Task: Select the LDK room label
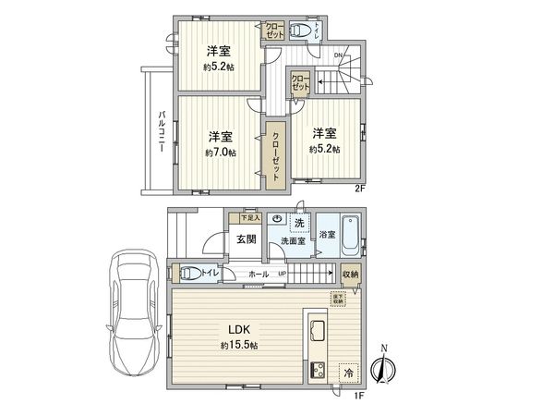point(239,330)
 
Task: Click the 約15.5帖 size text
point(239,345)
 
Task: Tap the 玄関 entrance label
point(245,239)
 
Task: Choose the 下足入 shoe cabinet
point(250,218)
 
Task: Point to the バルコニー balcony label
point(161,137)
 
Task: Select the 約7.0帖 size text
point(220,153)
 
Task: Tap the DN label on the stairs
point(338,55)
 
